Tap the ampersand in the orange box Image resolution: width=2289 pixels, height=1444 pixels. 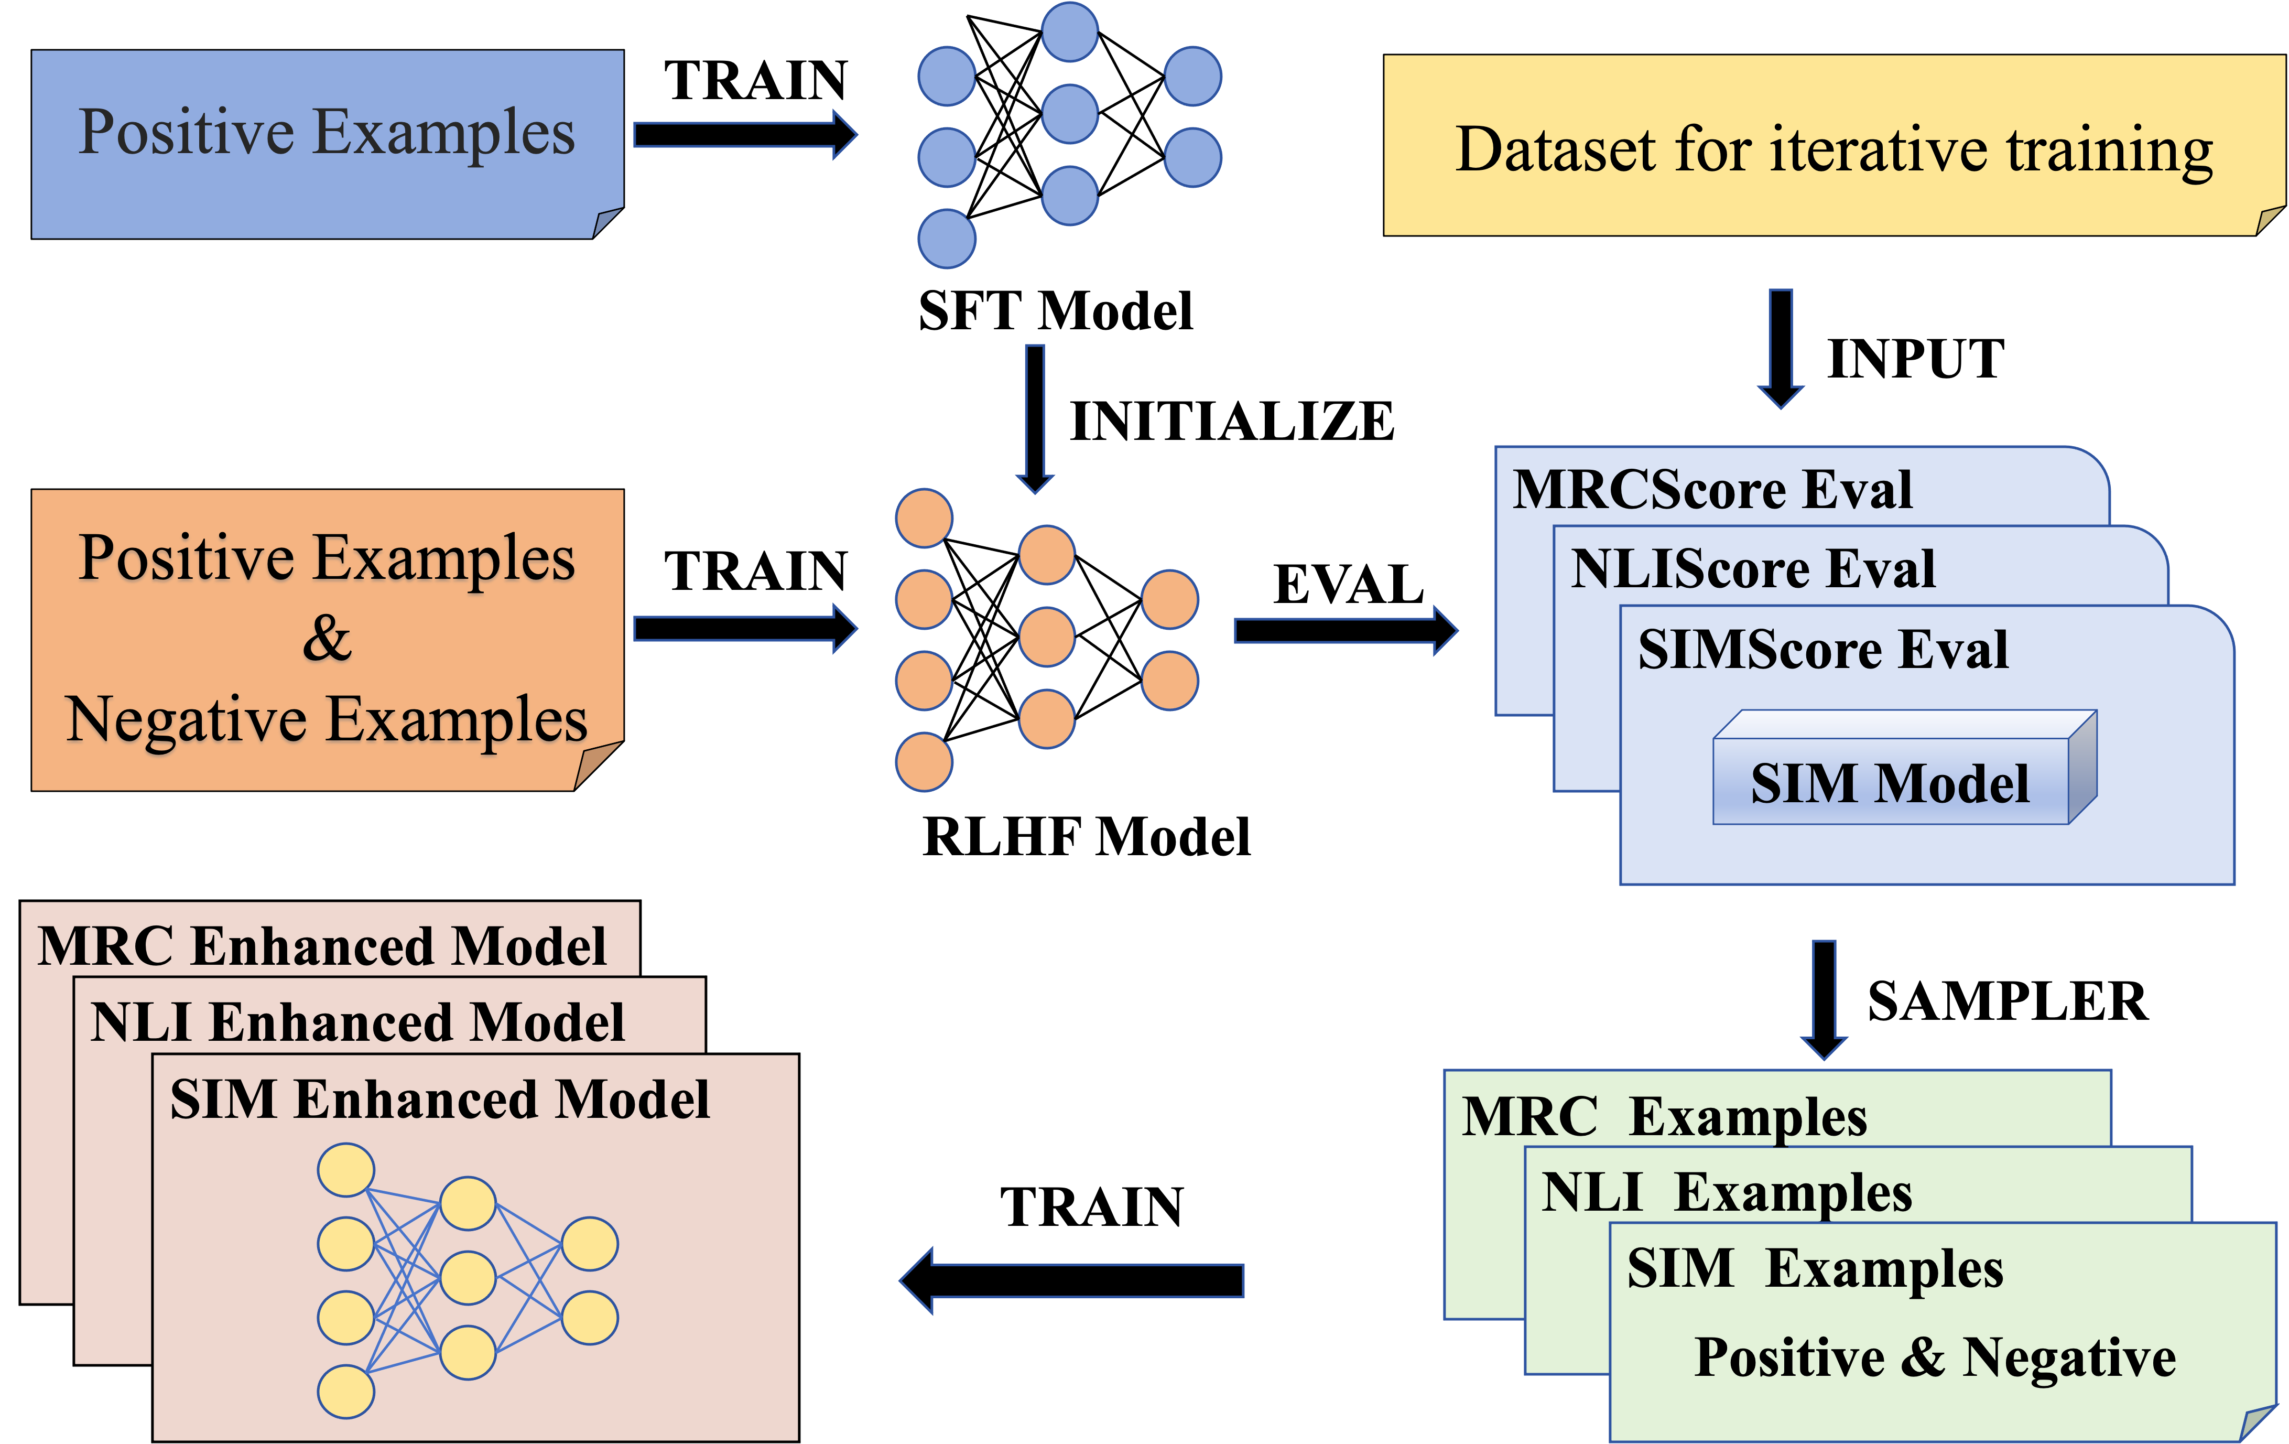[327, 638]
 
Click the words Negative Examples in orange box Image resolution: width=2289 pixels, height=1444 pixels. [327, 719]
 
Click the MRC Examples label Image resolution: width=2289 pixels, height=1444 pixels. [1664, 1116]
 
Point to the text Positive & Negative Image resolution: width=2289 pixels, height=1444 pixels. [1935, 1356]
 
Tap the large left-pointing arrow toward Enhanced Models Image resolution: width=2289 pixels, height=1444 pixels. [1071, 1280]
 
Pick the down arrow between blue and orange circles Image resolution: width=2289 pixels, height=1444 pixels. [1035, 418]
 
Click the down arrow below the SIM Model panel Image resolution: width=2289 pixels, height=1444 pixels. [1824, 999]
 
